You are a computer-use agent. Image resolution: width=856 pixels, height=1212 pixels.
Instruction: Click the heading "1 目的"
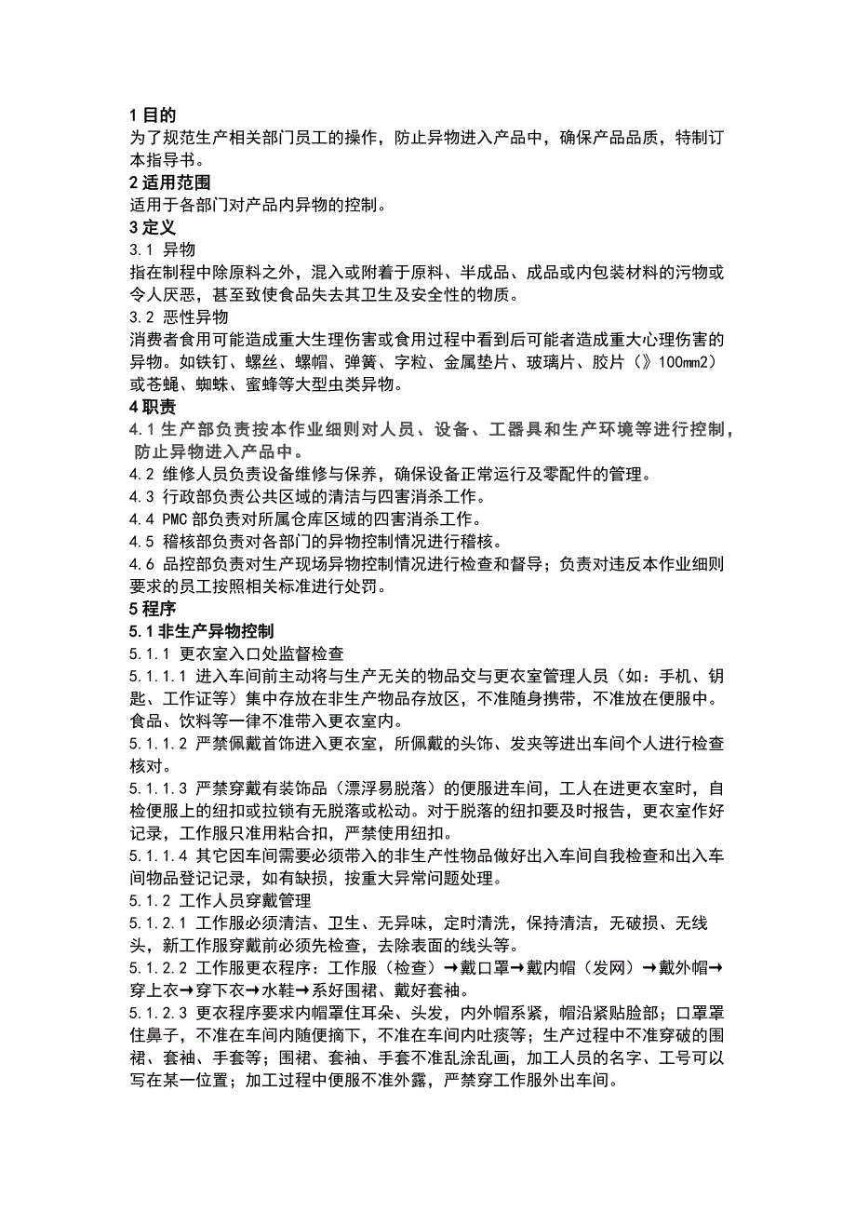pos(153,115)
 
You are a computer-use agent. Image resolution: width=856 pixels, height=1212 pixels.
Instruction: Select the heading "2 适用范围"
pos(169,183)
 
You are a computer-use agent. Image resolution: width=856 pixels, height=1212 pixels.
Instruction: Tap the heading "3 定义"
pos(153,227)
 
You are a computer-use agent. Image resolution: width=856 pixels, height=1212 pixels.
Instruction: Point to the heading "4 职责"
pos(153,407)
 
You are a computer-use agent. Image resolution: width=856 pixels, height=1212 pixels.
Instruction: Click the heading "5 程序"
pos(153,610)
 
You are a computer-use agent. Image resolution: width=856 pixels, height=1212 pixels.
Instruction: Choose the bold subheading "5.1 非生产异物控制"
pos(202,632)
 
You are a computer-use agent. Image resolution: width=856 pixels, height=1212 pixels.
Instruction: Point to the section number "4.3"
pos(142,497)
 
